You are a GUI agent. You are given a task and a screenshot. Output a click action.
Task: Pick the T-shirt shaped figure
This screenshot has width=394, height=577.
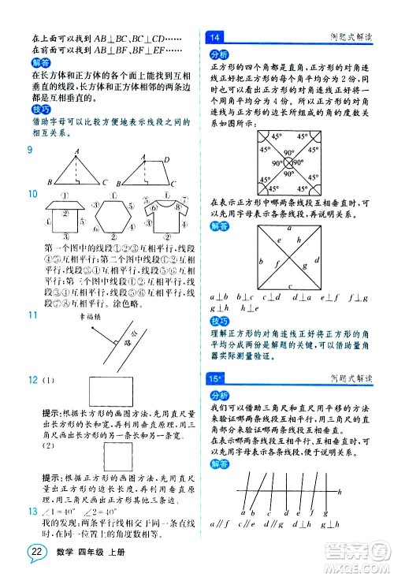coord(165,214)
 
